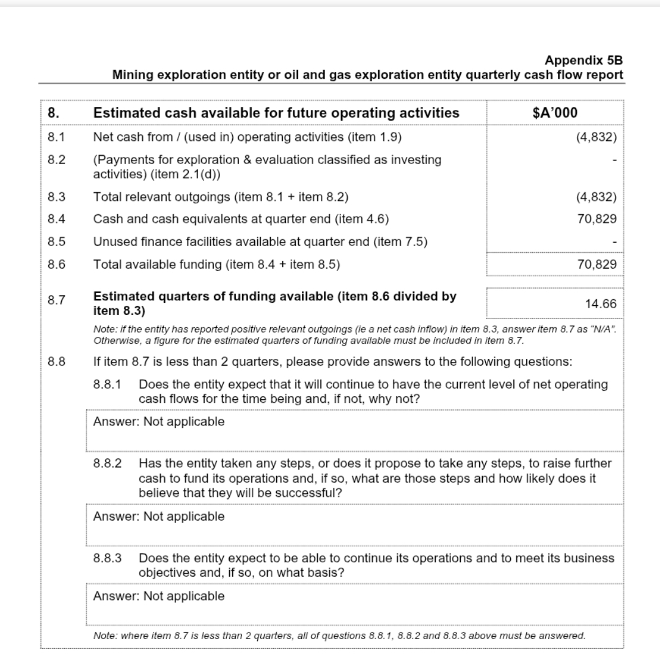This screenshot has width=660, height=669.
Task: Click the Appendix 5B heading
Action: coord(584,60)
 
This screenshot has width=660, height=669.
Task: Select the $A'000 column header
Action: coord(555,113)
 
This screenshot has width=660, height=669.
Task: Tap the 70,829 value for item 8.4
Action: coord(596,219)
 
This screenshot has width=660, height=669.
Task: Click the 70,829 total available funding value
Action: coord(596,264)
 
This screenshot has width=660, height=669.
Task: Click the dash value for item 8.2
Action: coord(614,161)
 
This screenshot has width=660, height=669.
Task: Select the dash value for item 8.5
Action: coord(614,242)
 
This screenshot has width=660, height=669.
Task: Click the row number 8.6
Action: coord(56,264)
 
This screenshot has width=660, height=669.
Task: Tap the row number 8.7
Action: coord(56,299)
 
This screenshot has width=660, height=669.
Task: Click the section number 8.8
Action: coord(56,361)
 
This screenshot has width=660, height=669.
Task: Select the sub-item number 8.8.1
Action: coord(108,385)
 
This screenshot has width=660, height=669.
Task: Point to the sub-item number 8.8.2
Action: coord(108,463)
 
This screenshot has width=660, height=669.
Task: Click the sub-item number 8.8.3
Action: coord(108,558)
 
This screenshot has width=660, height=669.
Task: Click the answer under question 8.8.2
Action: coord(158,516)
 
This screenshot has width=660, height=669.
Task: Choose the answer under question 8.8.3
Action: coord(158,596)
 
